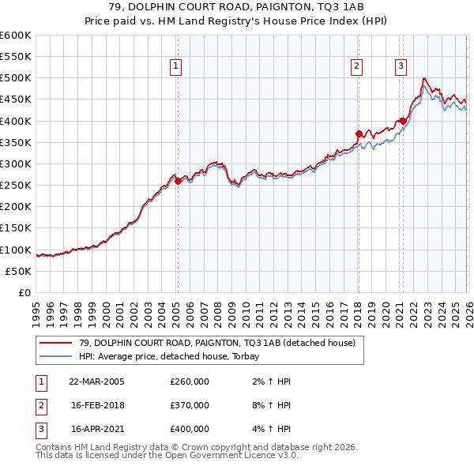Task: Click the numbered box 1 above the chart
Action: coord(175,67)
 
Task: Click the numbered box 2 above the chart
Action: coord(357,67)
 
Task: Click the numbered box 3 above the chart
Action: coord(401,67)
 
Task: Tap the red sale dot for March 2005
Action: coord(178,181)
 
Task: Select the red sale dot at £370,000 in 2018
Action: coord(359,133)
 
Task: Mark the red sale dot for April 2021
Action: coord(403,121)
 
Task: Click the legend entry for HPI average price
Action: coord(175,356)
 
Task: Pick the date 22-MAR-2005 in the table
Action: coord(96,381)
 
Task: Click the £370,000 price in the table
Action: coord(190,405)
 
